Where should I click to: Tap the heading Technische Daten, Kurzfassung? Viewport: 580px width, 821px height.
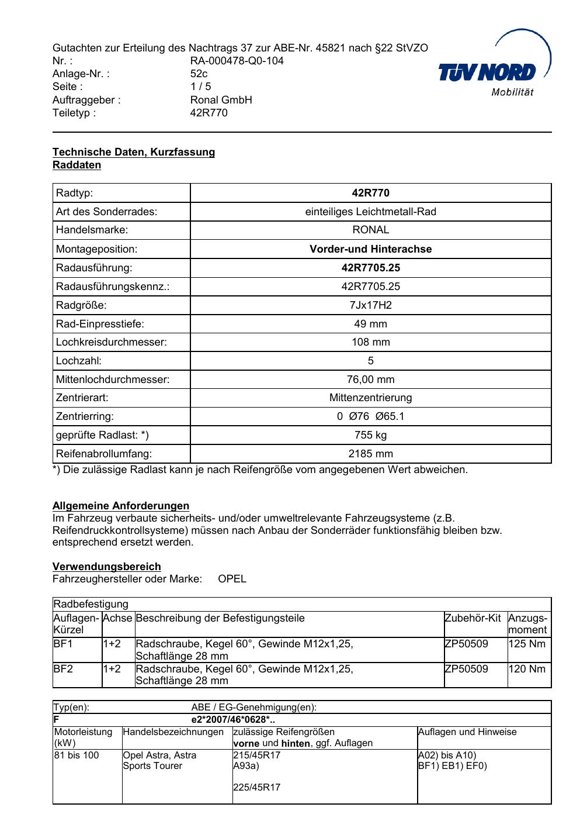[134, 152]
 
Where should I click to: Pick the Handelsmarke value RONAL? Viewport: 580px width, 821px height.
[370, 230]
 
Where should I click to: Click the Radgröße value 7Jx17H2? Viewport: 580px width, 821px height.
[370, 305]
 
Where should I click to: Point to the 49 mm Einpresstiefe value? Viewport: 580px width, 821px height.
[370, 324]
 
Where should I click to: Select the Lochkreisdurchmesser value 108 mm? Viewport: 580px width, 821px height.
[370, 342]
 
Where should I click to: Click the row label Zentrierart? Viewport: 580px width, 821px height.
[82, 398]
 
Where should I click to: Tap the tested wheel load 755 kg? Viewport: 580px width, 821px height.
[370, 435]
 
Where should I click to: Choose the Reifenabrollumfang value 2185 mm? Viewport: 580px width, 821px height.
[370, 454]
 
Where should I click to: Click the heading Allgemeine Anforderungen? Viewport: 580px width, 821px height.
[121, 506]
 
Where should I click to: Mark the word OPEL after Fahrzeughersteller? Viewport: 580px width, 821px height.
[232, 579]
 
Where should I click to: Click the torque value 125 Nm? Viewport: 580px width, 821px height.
[527, 644]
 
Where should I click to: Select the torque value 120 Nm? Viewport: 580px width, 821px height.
[527, 669]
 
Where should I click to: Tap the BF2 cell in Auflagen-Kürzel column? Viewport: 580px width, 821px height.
[63, 669]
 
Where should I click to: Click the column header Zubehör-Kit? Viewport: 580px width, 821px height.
[473, 619]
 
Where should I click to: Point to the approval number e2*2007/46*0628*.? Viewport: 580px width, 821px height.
[233, 720]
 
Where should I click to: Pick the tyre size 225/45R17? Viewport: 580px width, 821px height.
[256, 787]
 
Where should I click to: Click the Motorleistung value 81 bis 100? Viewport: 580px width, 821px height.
[77, 756]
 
